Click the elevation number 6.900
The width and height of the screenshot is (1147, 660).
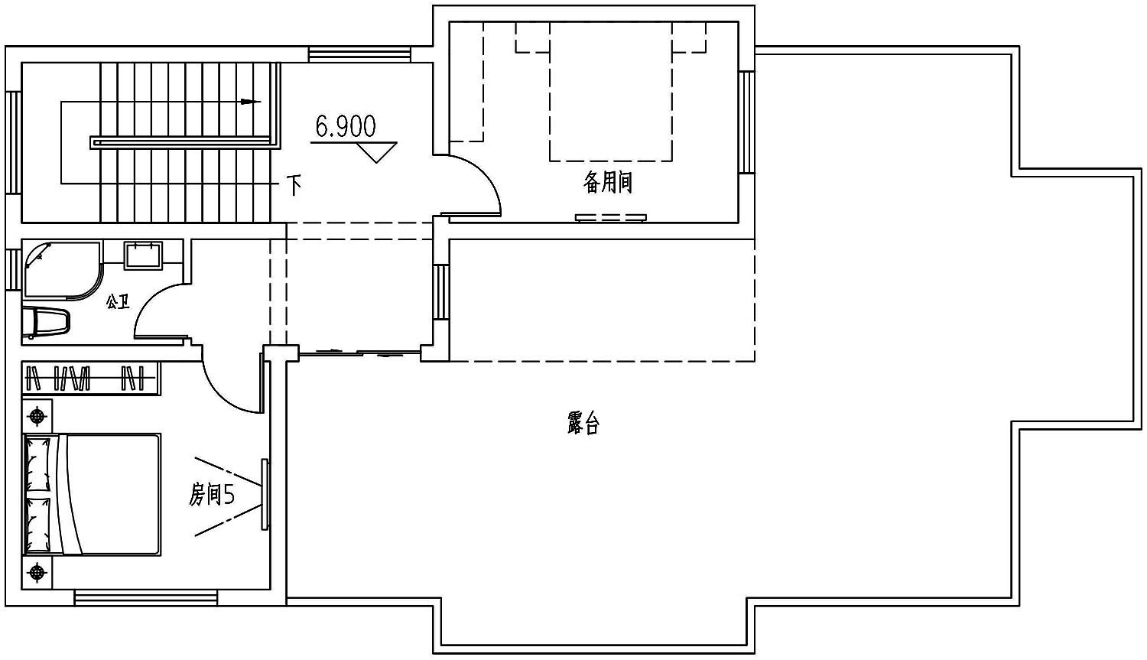[346, 126]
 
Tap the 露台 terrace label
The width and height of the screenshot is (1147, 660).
[583, 423]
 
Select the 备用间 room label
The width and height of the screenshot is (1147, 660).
[608, 182]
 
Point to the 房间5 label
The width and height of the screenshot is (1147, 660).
[212, 495]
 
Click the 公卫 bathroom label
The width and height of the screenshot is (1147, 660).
[118, 302]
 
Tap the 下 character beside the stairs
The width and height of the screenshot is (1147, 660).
[294, 185]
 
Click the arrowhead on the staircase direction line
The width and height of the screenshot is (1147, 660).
[251, 102]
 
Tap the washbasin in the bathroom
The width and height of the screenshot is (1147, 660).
[144, 255]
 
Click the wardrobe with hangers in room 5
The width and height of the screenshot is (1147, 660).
[91, 379]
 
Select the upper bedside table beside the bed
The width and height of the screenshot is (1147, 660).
[37, 416]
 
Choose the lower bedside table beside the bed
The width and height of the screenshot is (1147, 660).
[37, 573]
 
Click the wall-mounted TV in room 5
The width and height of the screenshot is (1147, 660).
[265, 495]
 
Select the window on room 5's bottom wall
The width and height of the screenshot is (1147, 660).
[146, 598]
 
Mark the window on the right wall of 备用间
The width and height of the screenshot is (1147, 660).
[746, 122]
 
